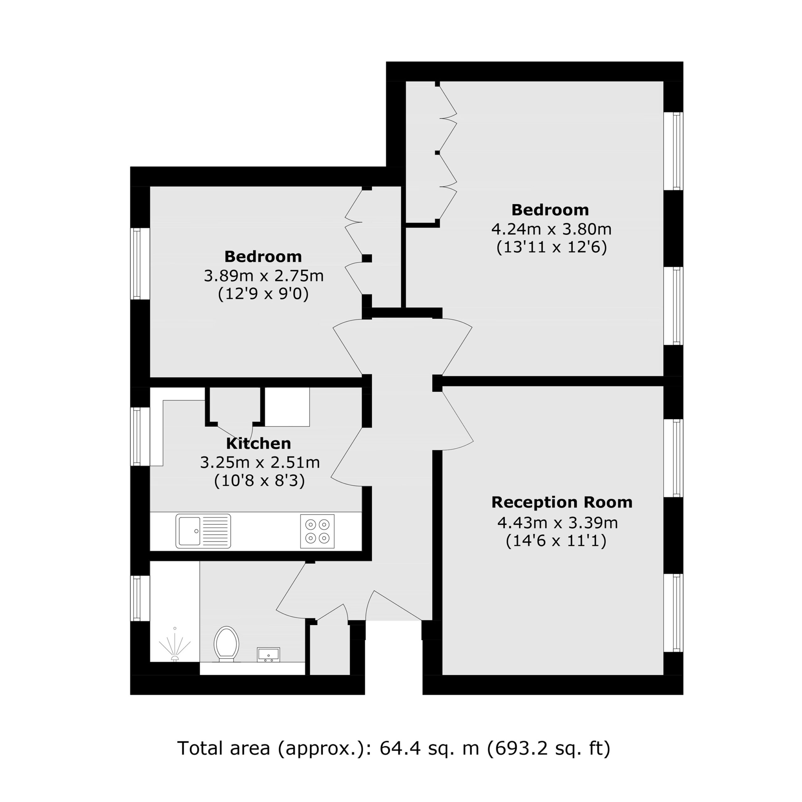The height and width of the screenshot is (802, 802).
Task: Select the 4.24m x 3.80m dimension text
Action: click(551, 229)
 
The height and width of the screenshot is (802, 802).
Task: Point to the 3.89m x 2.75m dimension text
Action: click(263, 276)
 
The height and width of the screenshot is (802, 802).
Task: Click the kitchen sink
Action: click(203, 531)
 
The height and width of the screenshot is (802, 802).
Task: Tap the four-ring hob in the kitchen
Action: click(317, 531)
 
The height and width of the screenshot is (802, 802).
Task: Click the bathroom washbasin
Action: click(268, 655)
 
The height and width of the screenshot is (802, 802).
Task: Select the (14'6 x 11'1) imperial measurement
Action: click(556, 541)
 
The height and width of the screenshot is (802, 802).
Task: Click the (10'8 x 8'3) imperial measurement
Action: click(259, 481)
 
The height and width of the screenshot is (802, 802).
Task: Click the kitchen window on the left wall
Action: click(136, 436)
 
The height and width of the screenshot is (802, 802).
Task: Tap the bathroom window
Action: click(136, 598)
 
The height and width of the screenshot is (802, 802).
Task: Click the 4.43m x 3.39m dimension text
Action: click(558, 523)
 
